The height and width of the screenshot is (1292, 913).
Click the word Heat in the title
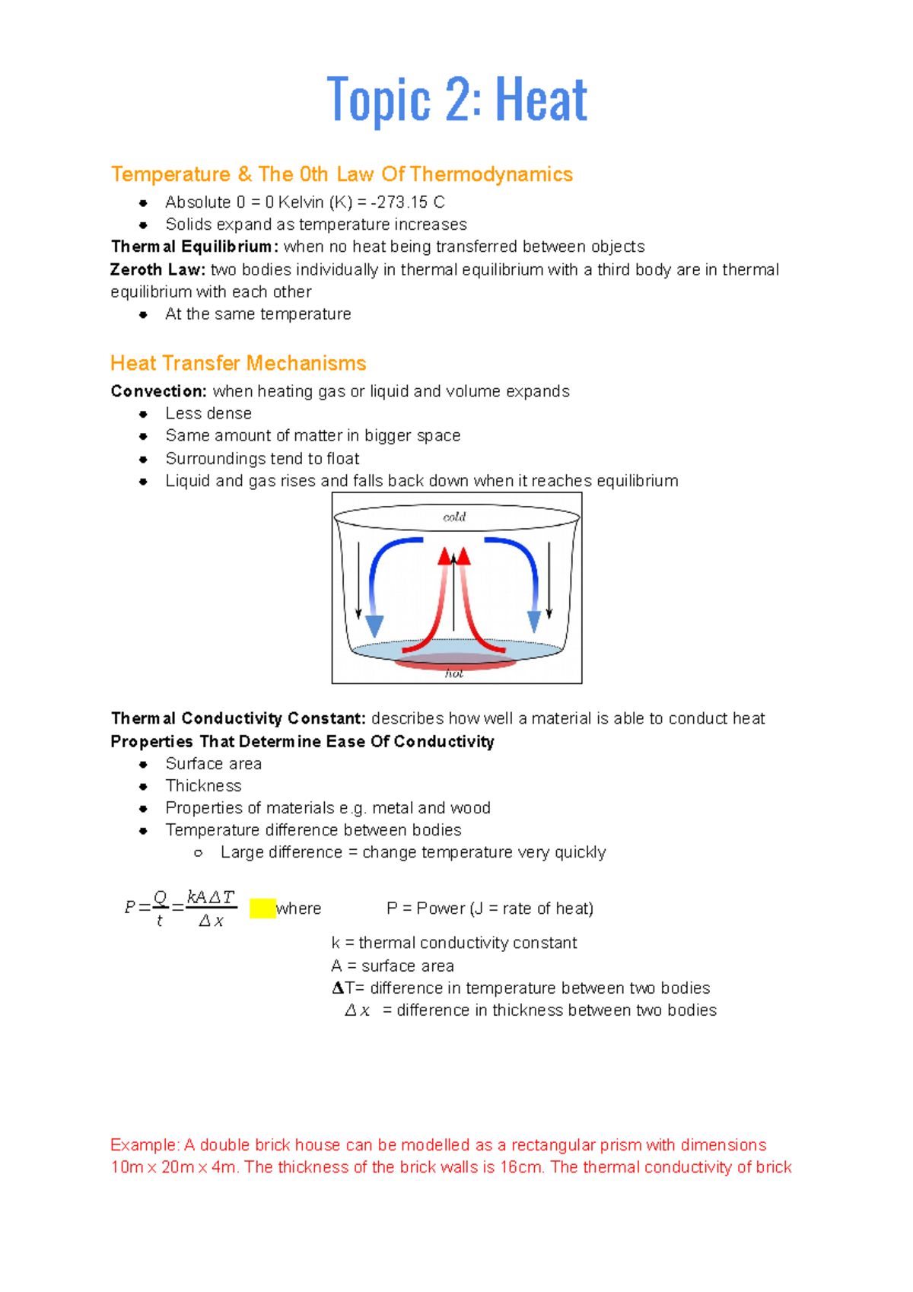[x=541, y=100]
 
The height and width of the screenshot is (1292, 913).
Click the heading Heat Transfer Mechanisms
[x=238, y=363]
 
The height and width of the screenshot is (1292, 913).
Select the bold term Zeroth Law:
[x=157, y=269]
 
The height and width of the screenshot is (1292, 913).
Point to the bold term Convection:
[x=158, y=391]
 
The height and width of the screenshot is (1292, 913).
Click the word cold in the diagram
[x=454, y=517]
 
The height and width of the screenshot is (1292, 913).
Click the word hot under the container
[x=454, y=673]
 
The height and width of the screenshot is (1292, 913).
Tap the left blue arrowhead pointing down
[x=374, y=625]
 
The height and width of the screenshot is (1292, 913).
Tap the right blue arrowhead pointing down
[x=534, y=621]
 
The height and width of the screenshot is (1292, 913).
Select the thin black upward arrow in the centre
[x=454, y=601]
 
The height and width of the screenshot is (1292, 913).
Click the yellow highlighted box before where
[x=262, y=909]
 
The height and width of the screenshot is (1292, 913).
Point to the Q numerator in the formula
[x=160, y=898]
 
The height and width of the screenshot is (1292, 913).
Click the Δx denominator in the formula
[x=211, y=921]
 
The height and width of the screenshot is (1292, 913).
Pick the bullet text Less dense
[x=208, y=413]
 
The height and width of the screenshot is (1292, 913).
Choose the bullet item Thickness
[x=203, y=786]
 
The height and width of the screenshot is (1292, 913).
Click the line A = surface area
[x=393, y=966]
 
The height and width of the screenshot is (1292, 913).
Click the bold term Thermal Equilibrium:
[x=194, y=247]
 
